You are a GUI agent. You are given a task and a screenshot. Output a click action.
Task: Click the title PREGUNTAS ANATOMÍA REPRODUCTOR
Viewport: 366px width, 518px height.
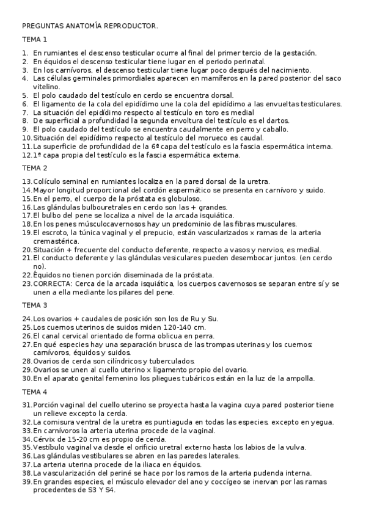(x=90, y=26)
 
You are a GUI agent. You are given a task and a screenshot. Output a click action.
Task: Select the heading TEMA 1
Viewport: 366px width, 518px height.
(x=35, y=40)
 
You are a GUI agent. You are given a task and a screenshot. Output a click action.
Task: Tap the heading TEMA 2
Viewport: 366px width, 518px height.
(x=35, y=168)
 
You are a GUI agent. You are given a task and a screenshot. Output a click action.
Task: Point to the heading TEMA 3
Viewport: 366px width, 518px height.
(x=35, y=305)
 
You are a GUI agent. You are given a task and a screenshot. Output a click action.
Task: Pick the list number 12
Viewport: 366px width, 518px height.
(x=26, y=155)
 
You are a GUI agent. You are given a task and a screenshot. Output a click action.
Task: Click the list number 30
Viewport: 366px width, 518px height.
(x=26, y=379)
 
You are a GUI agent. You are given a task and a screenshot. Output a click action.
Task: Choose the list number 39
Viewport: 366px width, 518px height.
(x=26, y=482)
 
